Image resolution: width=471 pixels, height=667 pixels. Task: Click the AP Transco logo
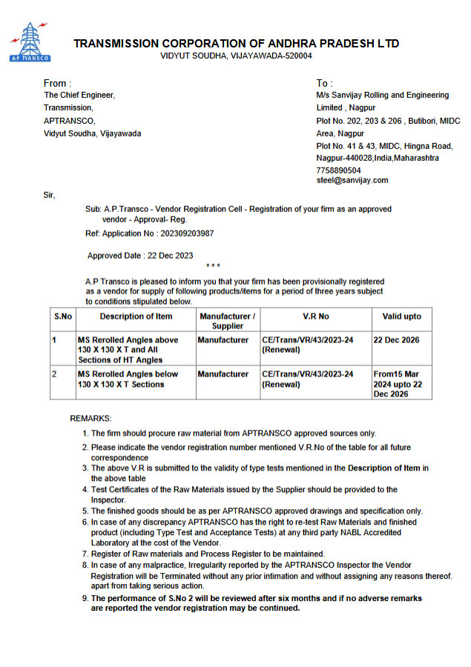29,42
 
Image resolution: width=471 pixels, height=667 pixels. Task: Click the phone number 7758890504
338,170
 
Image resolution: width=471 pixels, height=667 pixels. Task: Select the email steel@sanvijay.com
352,180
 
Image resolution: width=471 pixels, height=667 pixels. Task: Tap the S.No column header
62,316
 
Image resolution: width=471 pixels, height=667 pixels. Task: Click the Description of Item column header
136,316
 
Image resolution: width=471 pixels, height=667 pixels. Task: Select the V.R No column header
315,316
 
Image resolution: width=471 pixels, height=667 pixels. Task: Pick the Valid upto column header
401,316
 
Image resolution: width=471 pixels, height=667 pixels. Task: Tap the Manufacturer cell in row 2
223,374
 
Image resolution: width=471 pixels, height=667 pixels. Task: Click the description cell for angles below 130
128,379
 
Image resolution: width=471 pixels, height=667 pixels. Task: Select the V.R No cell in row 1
308,345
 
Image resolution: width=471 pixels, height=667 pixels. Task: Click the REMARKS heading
90,419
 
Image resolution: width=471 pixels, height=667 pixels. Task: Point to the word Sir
50,195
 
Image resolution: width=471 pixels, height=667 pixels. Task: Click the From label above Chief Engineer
58,84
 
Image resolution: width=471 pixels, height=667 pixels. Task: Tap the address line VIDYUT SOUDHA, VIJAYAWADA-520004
236,56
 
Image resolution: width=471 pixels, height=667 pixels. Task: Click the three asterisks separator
213,266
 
